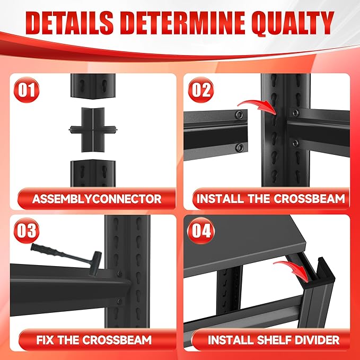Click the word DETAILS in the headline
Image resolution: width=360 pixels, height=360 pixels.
click(69, 23)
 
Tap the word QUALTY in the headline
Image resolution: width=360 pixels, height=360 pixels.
click(293, 23)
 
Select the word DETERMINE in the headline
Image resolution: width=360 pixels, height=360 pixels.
click(182, 23)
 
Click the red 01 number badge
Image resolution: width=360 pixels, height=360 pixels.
click(27, 90)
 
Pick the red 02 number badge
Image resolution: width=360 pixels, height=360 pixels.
click(200, 90)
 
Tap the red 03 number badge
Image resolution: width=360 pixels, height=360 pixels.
click(27, 230)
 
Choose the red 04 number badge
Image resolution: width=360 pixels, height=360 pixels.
click(201, 230)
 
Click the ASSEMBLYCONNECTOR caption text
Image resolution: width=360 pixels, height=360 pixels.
click(97, 199)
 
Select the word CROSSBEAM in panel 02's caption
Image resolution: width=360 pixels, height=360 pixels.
click(310, 199)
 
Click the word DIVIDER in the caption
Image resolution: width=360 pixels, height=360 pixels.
click(317, 340)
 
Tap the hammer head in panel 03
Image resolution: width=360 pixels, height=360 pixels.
click(95, 263)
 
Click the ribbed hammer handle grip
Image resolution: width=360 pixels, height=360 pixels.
click(46, 250)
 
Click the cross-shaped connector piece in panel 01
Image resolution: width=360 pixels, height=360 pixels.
click(93, 130)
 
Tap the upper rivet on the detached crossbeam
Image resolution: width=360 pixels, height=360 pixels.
click(239, 115)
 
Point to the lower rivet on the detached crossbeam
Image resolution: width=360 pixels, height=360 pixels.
click(240, 147)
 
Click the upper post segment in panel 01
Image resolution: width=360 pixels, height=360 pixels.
click(93, 86)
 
